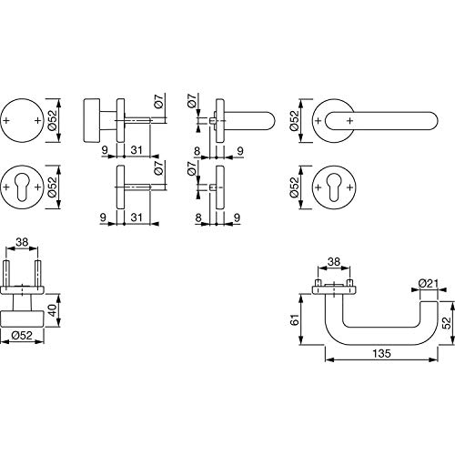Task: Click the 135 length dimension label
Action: [382, 353]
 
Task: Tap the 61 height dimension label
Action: [295, 319]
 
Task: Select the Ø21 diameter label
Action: [429, 284]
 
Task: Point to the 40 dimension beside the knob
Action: [53, 310]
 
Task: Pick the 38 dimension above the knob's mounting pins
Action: [22, 242]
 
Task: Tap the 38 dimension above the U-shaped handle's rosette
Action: [334, 261]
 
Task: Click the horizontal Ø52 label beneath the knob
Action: [22, 335]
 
